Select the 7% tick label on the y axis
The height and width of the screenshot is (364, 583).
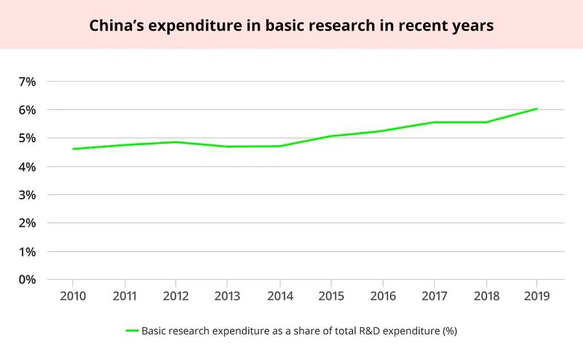coord(27,82)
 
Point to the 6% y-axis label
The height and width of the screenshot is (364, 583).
coord(27,110)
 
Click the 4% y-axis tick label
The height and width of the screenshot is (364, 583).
coord(27,166)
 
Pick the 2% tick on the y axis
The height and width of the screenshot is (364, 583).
coord(27,223)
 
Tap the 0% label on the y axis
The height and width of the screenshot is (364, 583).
coord(27,280)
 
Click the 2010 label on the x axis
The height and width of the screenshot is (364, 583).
coord(73,296)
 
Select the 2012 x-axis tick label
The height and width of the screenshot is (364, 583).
coord(176,296)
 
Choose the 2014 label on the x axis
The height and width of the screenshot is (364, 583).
coord(279,296)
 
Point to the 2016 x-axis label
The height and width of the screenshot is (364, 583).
coord(382,296)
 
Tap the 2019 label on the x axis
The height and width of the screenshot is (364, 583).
coord(537,296)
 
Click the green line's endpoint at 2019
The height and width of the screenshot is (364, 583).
coord(537,109)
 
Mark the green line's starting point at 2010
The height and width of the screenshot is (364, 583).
coord(73,149)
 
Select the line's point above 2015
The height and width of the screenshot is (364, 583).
coord(331,136)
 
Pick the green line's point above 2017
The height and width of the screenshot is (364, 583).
coord(434,122)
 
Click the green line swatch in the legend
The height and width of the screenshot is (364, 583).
coord(132,331)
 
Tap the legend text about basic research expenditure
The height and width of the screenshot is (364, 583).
coord(299,331)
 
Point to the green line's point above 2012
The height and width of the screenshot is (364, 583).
coord(176,142)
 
